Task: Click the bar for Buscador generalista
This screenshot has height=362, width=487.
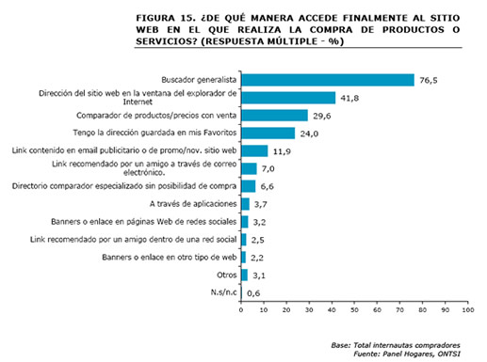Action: pyautogui.click(x=328, y=80)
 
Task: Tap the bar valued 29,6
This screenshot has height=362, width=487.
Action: pyautogui.click(x=275, y=115)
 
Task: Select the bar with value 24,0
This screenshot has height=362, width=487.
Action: pyautogui.click(x=268, y=133)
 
